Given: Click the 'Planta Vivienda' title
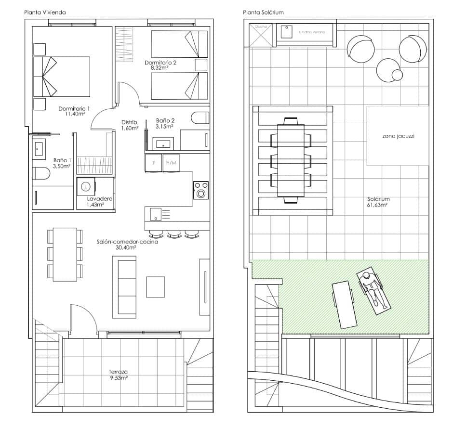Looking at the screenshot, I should (x=45, y=12).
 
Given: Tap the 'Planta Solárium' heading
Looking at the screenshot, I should (x=263, y=12).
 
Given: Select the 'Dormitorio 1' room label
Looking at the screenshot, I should (x=74, y=108).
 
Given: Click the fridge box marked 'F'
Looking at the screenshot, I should (x=154, y=163).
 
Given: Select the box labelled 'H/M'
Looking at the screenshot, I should (x=171, y=163).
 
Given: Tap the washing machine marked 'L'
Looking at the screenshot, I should (x=86, y=186).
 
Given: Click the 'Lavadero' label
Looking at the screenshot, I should (x=100, y=198).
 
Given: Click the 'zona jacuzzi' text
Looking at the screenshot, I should (x=398, y=136).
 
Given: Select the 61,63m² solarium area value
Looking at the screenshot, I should (x=378, y=205).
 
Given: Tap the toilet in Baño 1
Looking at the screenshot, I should (x=40, y=173).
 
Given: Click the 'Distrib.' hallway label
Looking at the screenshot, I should (x=130, y=122).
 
